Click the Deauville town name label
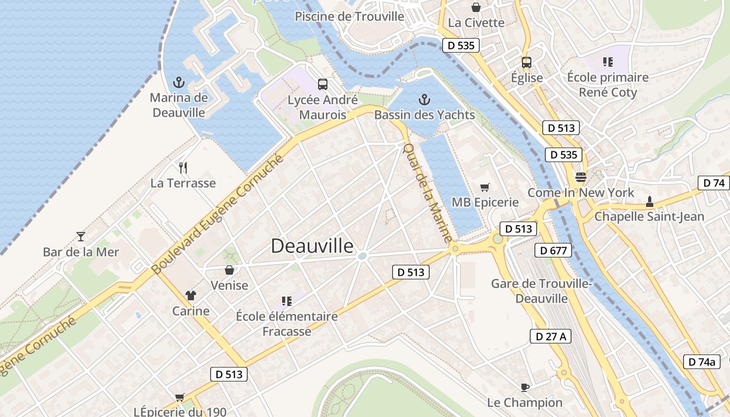click(x=312, y=246)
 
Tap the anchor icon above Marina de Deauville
click(x=179, y=82)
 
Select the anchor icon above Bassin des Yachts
click(x=424, y=100)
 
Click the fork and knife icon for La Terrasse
click(x=183, y=168)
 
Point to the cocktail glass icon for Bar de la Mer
click(x=81, y=237)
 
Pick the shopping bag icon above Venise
click(x=229, y=269)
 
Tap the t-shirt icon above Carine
click(x=191, y=296)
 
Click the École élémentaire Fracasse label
click(x=287, y=324)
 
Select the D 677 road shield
click(x=553, y=251)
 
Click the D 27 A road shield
click(x=551, y=336)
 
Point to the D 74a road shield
click(x=701, y=362)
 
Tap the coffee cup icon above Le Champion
click(x=525, y=387)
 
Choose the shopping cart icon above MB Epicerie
click(x=485, y=187)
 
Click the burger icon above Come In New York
click(x=580, y=177)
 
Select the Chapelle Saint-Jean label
click(x=649, y=216)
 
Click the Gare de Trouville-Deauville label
click(x=541, y=291)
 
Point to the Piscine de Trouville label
click(x=349, y=17)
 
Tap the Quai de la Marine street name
click(x=427, y=193)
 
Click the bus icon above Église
click(x=527, y=63)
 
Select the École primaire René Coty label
click(x=608, y=85)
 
